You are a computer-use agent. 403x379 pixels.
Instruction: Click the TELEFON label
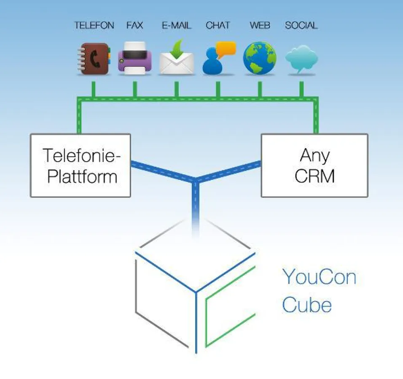click(94, 25)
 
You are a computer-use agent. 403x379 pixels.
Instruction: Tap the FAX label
click(134, 25)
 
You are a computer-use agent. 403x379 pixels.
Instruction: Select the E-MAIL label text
click(176, 25)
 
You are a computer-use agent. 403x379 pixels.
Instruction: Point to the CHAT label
click(218, 25)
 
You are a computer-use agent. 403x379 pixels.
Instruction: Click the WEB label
click(260, 25)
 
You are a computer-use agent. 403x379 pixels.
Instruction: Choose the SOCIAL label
click(301, 25)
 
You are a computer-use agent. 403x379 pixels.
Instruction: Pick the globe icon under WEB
click(260, 59)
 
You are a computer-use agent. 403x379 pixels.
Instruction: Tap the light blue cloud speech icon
click(301, 60)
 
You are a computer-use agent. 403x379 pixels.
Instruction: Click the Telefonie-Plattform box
click(80, 165)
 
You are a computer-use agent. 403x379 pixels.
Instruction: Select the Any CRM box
click(314, 165)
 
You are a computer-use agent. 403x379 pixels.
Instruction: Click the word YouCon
click(319, 278)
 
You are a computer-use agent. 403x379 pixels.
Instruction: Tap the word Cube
click(306, 305)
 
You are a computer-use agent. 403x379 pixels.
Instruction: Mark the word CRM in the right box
click(314, 176)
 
